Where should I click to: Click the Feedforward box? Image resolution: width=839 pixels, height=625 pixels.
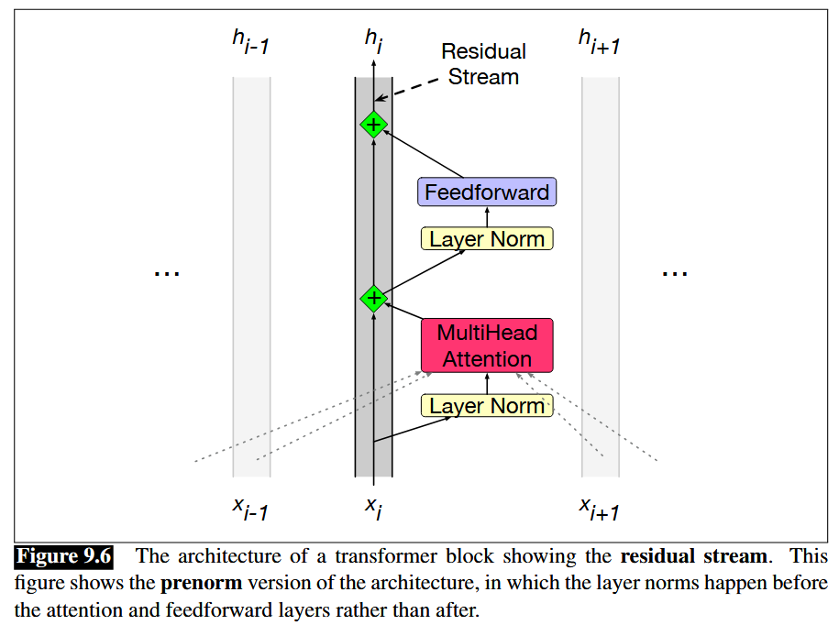(x=487, y=192)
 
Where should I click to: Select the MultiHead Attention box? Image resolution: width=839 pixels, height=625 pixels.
(x=487, y=345)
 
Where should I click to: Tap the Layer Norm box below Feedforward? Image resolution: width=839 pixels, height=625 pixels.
(x=487, y=239)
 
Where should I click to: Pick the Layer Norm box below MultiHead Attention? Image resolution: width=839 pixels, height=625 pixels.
(x=487, y=405)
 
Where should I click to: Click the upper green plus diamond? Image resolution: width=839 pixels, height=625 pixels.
(x=373, y=124)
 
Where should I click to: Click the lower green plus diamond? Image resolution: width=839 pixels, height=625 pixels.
(x=373, y=298)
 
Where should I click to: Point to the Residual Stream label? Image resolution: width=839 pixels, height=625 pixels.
(x=483, y=64)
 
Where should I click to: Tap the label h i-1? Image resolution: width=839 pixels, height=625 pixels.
(x=250, y=42)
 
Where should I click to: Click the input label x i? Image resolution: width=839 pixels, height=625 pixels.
(x=373, y=507)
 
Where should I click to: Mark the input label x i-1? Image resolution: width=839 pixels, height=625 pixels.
(x=250, y=509)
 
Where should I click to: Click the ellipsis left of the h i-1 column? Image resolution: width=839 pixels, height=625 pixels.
(x=167, y=273)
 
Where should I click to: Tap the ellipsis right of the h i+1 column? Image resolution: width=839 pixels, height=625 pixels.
(x=674, y=273)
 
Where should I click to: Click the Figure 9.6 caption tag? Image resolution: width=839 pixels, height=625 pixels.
(x=64, y=556)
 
